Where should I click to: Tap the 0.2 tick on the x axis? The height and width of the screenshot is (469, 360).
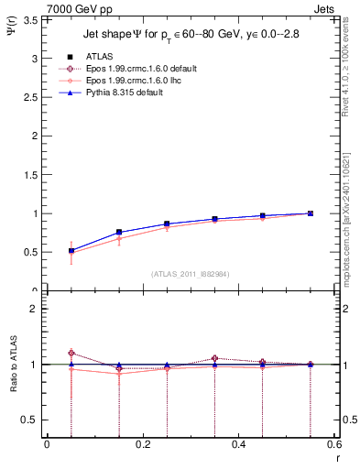[142, 444]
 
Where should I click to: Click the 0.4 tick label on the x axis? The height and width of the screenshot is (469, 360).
[238, 444]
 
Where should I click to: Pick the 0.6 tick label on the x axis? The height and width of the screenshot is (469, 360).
[333, 444]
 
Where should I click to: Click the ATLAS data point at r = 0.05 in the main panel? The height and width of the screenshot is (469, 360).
[71, 251]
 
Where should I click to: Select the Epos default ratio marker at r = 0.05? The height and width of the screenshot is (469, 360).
[71, 353]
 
